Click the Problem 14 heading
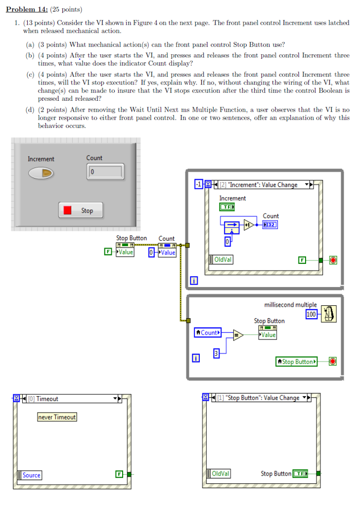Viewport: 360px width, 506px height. click(x=31, y=9)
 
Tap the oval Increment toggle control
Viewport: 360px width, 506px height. click(x=41, y=173)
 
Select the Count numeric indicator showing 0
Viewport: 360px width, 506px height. click(x=105, y=172)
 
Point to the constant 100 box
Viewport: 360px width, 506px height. click(x=311, y=314)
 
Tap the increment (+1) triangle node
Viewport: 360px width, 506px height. click(x=248, y=225)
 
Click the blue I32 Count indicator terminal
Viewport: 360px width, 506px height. click(x=270, y=225)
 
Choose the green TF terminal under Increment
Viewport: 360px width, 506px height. click(x=227, y=207)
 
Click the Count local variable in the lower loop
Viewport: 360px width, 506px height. click(x=208, y=333)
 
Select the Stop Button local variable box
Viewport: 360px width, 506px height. click(x=297, y=362)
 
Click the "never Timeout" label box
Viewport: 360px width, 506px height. click(x=57, y=417)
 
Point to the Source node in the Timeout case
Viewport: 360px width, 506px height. click(x=30, y=475)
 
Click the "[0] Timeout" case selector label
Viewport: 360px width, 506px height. click(x=47, y=399)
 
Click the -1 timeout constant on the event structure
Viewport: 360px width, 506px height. click(x=199, y=185)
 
